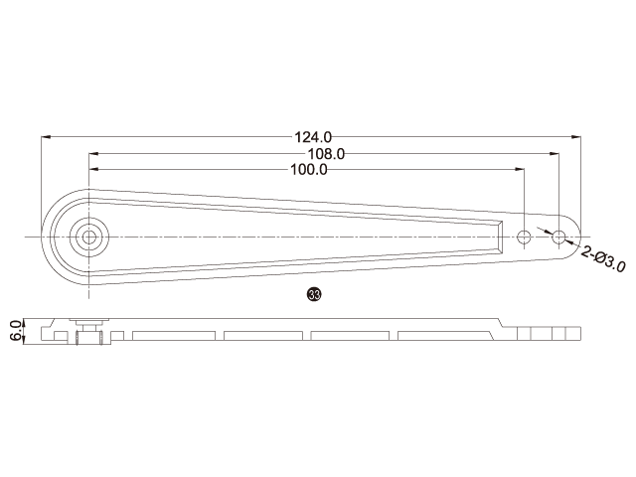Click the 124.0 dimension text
click(x=312, y=137)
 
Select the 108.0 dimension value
click(x=326, y=154)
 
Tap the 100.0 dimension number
click(x=309, y=170)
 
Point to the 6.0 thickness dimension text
click(x=16, y=331)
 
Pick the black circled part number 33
click(x=314, y=294)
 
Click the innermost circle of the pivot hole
click(x=88, y=238)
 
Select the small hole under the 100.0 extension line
click(x=524, y=237)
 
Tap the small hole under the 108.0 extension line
click(x=558, y=237)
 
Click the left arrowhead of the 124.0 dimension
click(x=46, y=137)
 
